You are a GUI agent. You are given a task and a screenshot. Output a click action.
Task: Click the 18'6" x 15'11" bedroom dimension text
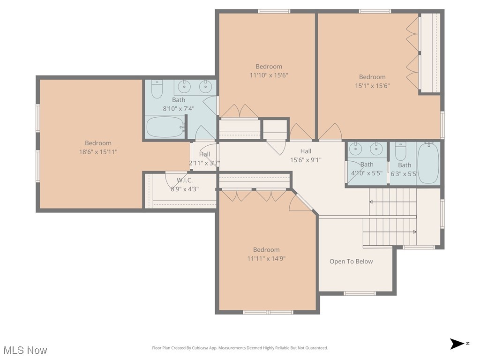tap(98, 152)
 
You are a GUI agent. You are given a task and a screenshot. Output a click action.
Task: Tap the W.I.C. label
tap(185, 180)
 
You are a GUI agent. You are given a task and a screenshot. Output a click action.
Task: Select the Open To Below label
tap(351, 262)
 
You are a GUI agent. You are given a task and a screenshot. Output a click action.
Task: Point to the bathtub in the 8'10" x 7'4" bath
tap(165, 127)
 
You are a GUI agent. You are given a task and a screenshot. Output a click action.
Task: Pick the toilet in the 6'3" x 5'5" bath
tap(400, 151)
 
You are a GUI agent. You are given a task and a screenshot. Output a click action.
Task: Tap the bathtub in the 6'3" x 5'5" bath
tap(428, 163)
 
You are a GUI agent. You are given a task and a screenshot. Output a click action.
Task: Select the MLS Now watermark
tap(25, 350)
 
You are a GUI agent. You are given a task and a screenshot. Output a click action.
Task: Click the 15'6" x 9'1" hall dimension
tap(306, 160)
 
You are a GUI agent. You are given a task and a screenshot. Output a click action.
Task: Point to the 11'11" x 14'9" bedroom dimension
tap(266, 258)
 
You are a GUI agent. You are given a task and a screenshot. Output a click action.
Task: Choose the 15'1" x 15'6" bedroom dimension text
tap(372, 86)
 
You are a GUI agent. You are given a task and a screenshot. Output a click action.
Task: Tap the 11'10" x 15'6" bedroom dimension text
tap(269, 75)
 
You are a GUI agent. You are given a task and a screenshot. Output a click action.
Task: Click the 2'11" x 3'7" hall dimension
tap(204, 163)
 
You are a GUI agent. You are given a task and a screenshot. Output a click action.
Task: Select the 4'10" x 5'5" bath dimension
tap(367, 173)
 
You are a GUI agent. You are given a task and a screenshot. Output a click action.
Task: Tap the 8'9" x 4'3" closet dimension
tap(185, 189)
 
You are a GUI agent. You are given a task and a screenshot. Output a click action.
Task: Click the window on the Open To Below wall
tap(360, 293)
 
